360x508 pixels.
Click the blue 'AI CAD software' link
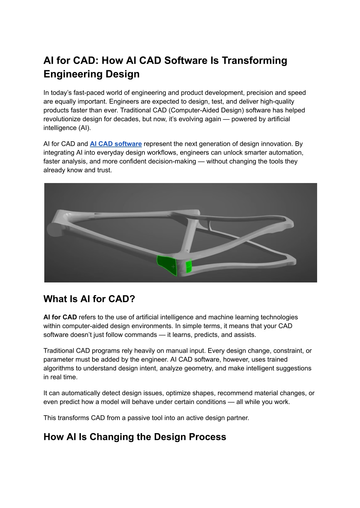(x=116, y=144)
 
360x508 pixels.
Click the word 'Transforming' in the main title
(x=254, y=60)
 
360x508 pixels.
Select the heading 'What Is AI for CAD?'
(x=89, y=299)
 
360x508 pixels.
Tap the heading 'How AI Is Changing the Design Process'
(x=135, y=437)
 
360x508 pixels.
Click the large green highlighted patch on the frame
(x=167, y=265)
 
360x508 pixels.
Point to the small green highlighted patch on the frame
(x=189, y=267)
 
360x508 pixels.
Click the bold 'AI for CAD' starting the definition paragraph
(x=60, y=317)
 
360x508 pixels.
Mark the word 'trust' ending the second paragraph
(x=104, y=170)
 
